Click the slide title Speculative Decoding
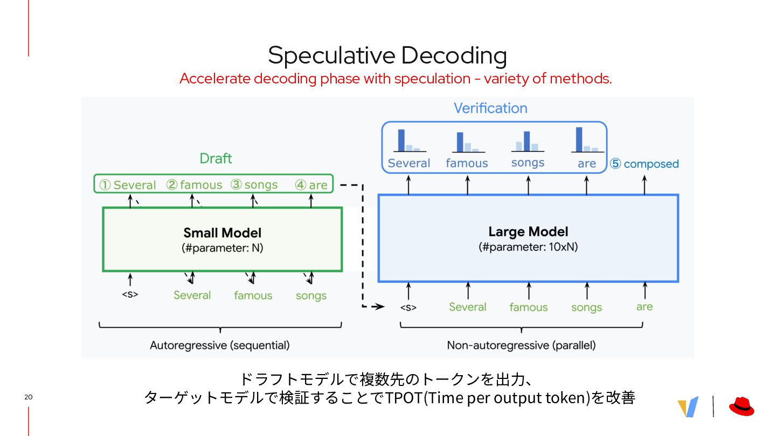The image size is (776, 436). (387, 55)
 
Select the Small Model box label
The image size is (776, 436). (222, 233)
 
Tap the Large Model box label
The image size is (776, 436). (528, 231)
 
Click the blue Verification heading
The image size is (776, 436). (490, 108)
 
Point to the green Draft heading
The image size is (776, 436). (216, 158)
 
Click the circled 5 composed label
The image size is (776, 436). (644, 164)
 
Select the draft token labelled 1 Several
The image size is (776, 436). (128, 185)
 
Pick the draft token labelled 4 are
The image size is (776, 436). (311, 185)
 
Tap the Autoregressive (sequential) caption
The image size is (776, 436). (219, 345)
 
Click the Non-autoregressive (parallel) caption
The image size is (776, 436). (521, 345)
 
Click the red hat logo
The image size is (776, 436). (742, 406)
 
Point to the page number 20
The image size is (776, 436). (29, 397)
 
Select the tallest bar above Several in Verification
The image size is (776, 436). (401, 140)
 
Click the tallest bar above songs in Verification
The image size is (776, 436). (527, 141)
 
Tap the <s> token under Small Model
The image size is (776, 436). (130, 295)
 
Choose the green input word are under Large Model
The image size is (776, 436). (645, 306)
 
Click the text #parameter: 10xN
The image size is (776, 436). (528, 247)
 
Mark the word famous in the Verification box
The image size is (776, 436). (467, 163)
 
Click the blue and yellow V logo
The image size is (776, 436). (688, 406)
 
